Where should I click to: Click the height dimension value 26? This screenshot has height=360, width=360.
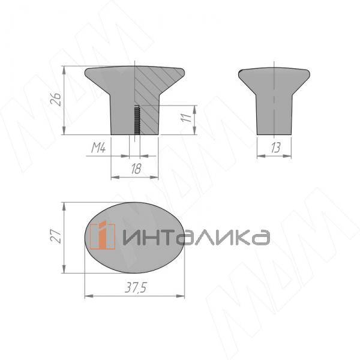point(56,99)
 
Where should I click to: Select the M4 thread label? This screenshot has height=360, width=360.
point(98,148)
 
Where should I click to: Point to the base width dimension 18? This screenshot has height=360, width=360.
point(136,169)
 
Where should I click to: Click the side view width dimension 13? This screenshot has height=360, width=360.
point(275,148)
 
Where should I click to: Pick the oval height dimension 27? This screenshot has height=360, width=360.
point(56,236)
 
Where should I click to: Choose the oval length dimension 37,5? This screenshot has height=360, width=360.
point(136,287)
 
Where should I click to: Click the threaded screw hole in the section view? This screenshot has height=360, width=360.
point(137,120)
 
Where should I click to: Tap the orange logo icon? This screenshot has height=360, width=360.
point(103,235)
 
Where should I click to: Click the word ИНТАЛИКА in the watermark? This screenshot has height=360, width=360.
point(196,238)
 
